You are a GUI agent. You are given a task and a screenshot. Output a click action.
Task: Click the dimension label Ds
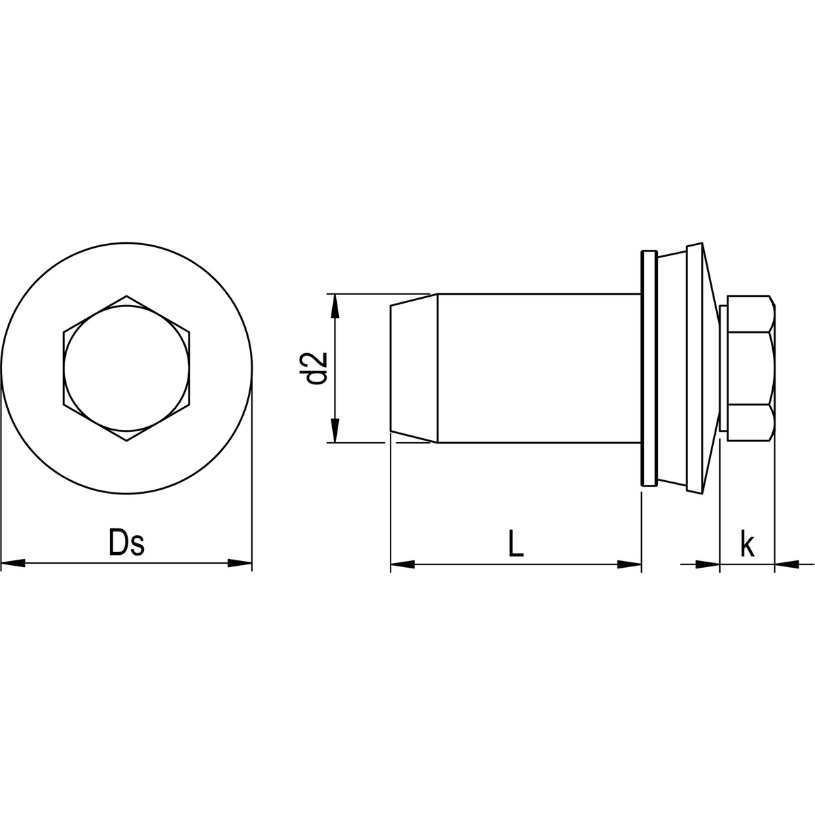126,543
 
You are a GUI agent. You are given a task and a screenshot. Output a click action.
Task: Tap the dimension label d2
317,368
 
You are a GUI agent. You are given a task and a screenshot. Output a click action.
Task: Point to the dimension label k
747,545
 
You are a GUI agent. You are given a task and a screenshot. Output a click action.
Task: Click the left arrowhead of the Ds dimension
14,563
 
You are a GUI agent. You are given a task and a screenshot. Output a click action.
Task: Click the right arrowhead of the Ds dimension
240,563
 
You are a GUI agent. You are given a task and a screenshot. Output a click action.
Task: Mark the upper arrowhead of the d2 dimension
333,306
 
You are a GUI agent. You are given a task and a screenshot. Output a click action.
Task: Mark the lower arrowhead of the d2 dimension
333,431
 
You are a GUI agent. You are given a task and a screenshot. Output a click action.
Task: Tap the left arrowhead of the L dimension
403,564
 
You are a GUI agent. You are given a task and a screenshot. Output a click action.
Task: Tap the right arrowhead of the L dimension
629,564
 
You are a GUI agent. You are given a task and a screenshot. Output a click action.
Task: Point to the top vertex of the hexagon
126,295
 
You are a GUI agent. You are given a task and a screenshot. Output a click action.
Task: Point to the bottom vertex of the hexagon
126,441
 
